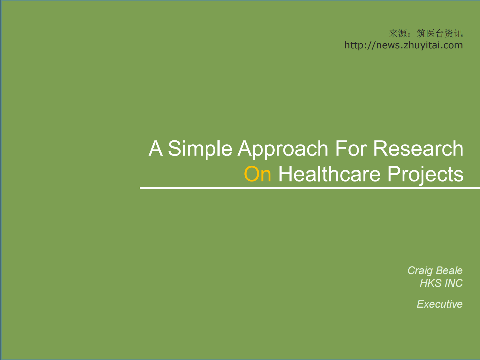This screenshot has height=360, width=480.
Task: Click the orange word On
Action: [257, 175]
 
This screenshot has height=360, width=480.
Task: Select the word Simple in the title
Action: [200, 149]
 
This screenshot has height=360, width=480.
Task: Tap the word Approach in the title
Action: [283, 149]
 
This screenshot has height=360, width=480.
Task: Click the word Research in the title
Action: [418, 149]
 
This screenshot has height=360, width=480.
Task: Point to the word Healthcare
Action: [329, 175]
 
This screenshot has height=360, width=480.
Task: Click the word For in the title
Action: [351, 149]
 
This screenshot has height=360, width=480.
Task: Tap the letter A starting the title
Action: [155, 149]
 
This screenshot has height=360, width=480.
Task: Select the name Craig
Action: [420, 270]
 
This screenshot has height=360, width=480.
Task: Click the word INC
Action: [453, 283]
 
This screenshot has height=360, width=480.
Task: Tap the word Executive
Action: [439, 304]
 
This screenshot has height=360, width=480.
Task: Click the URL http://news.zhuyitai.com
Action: [403, 45]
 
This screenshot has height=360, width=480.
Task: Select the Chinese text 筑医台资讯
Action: [440, 33]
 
